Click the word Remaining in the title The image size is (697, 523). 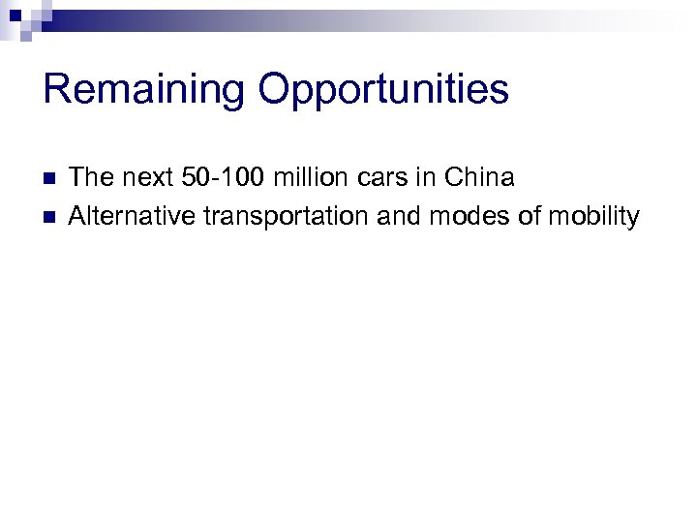click(x=144, y=89)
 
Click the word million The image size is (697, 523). click(x=306, y=178)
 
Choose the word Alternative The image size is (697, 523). click(x=132, y=216)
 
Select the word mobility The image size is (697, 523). click(x=593, y=217)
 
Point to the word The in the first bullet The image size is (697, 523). click(x=90, y=178)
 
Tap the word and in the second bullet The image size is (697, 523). click(x=399, y=216)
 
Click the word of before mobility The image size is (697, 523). click(x=530, y=216)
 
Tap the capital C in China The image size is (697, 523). click(x=453, y=178)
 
